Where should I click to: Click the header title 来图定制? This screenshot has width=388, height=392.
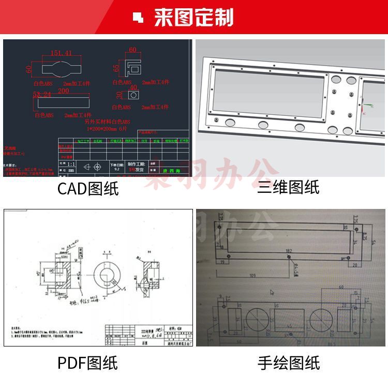[x=193, y=18]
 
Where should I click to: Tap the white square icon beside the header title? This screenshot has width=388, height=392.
[x=138, y=18]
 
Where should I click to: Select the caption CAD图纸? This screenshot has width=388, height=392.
[x=88, y=188]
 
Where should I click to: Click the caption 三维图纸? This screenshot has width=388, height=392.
[x=288, y=187]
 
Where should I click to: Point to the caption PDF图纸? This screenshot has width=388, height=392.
[x=87, y=363]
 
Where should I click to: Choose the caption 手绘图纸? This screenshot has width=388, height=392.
[x=288, y=363]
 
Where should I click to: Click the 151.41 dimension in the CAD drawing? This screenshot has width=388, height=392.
[x=61, y=53]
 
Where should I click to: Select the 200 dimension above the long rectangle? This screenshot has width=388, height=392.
[x=63, y=91]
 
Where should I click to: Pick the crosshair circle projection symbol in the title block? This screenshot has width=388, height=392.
[x=87, y=167]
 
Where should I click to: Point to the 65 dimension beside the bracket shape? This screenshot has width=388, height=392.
[x=116, y=68]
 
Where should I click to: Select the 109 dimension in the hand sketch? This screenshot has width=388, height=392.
[x=252, y=275]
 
